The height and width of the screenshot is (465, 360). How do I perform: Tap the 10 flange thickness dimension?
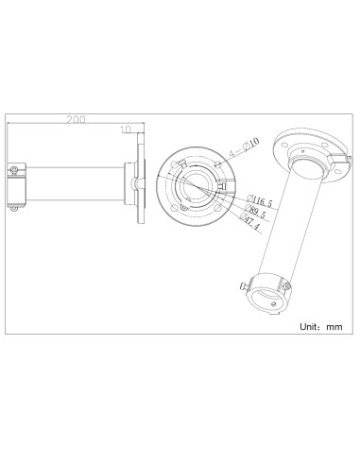pos(126,129)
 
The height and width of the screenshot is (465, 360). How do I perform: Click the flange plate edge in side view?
pos(141,184)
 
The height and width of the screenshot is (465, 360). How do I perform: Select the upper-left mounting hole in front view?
pos(174,162)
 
